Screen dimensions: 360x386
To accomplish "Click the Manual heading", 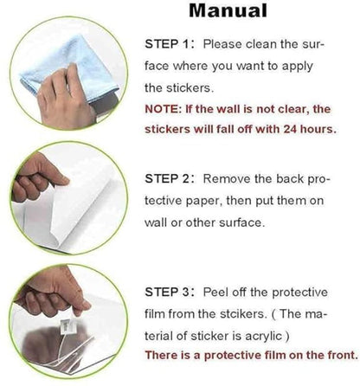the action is (x=228, y=10).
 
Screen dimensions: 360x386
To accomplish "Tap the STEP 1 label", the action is (x=167, y=44).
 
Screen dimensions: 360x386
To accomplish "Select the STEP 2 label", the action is (x=167, y=179).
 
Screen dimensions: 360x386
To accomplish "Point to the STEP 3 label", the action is (x=167, y=293).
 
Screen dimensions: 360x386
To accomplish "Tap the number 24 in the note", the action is (x=290, y=129).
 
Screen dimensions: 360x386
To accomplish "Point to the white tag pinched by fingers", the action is (x=68, y=326).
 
